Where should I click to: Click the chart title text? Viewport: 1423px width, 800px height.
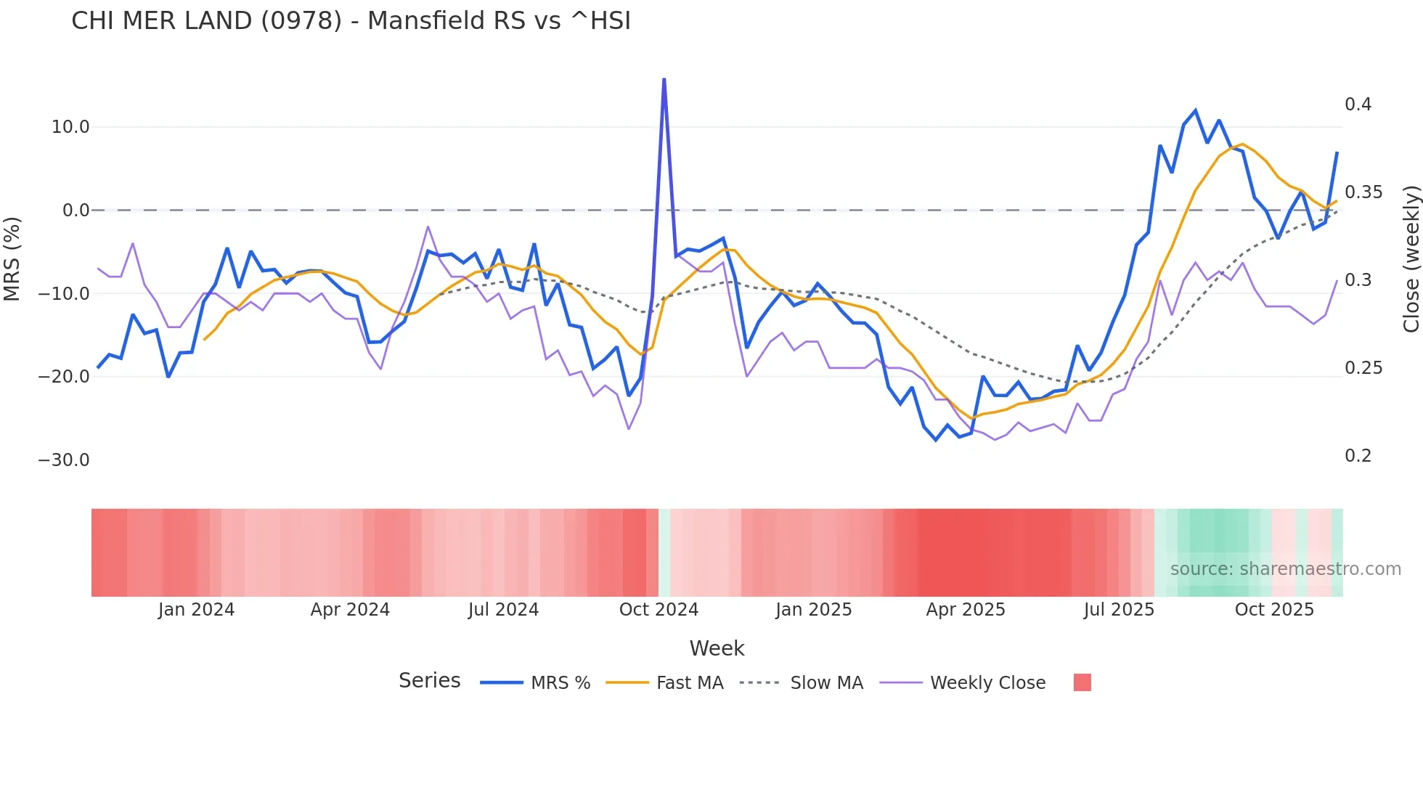tap(351, 21)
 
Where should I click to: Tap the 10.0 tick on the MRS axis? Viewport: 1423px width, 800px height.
tap(70, 127)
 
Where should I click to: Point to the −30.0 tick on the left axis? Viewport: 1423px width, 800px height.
tap(64, 460)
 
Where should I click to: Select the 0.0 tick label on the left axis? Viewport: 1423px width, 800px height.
tap(76, 211)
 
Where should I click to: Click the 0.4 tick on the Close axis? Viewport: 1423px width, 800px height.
tap(1358, 105)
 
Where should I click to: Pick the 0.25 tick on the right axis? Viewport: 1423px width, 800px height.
tap(1363, 368)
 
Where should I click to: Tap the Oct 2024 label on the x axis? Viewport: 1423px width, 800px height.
tap(659, 610)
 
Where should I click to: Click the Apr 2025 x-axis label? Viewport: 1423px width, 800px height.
tap(966, 610)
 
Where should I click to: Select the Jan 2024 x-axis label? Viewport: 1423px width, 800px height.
tap(196, 610)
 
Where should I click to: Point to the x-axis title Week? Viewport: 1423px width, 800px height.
tap(717, 648)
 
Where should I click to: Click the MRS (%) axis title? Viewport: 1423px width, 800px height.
tap(12, 258)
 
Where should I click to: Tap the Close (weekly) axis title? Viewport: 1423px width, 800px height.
tap(1411, 259)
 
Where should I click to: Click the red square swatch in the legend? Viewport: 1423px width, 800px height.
tap(1082, 682)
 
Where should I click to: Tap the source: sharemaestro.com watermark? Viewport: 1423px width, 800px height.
tap(1285, 569)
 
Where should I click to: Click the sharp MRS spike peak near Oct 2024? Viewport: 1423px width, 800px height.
tap(664, 79)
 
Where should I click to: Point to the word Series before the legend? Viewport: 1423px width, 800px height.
tap(429, 681)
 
